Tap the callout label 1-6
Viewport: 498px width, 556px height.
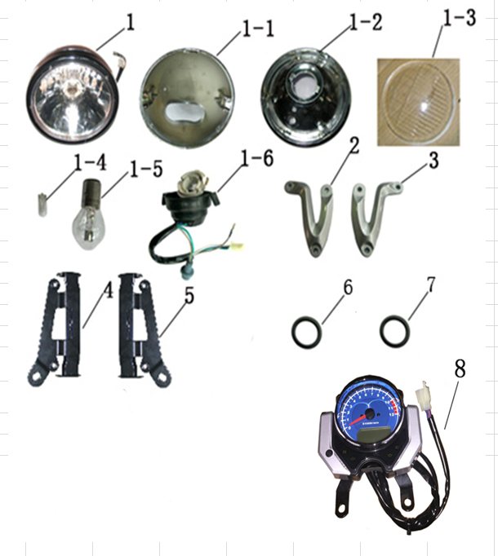pos(257,158)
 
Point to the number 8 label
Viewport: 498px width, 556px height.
pos(460,368)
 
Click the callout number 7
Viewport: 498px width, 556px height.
pos(430,285)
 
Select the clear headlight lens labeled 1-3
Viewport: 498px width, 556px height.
pos(419,103)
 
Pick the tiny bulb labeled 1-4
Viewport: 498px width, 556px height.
pos(42,204)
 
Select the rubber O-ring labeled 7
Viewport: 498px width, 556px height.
pos(395,331)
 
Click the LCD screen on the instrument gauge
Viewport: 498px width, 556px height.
pos(371,435)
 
